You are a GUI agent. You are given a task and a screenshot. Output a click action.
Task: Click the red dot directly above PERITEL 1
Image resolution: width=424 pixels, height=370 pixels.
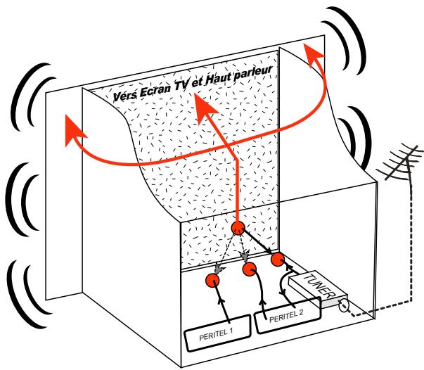pyautogui.click(x=212, y=281)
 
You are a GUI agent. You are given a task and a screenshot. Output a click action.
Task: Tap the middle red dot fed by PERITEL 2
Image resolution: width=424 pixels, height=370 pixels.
pyautogui.click(x=249, y=268)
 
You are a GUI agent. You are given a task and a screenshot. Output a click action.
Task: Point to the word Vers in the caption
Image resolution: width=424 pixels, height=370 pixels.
pyautogui.click(x=127, y=96)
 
